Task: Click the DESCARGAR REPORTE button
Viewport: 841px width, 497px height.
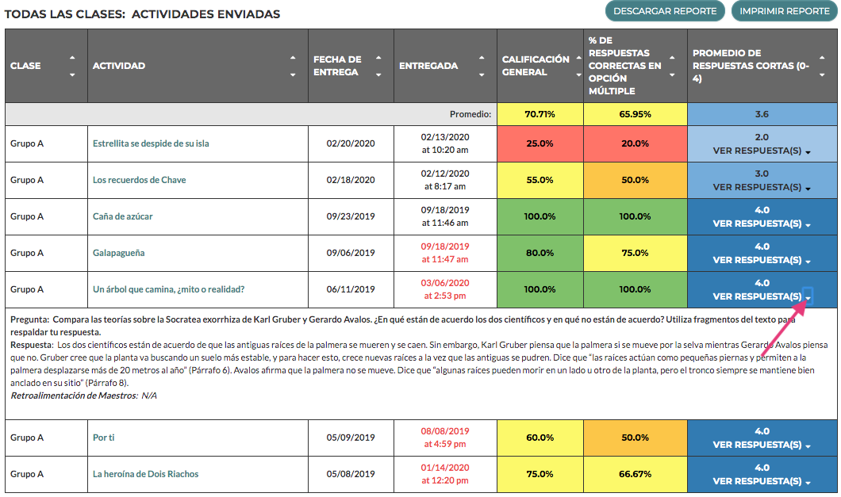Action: click(x=665, y=11)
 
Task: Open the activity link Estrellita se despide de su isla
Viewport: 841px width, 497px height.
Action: click(x=151, y=143)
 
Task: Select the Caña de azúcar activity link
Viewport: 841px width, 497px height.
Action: click(x=122, y=216)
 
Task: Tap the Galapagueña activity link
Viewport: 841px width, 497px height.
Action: click(x=118, y=253)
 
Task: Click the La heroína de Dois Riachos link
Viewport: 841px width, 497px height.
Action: click(x=145, y=474)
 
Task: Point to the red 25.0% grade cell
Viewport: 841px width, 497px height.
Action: click(x=540, y=143)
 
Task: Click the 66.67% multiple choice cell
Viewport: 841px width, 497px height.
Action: click(x=635, y=474)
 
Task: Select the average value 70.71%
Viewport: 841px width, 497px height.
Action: click(x=540, y=114)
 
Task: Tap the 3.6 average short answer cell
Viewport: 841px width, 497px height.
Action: click(x=762, y=114)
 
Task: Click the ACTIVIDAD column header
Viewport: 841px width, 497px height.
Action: click(x=118, y=66)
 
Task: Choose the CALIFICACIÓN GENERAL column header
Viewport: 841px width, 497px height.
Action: click(x=536, y=66)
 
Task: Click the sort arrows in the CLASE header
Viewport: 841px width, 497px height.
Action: click(x=72, y=66)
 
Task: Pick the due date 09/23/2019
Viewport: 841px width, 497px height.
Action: click(x=351, y=216)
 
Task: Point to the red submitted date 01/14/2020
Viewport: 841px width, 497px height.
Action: click(x=444, y=468)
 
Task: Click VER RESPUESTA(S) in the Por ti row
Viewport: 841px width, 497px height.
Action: click(x=762, y=445)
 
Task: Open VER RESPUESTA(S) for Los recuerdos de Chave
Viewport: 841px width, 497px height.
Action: click(x=762, y=188)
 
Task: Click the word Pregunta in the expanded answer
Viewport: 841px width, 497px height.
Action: click(x=29, y=319)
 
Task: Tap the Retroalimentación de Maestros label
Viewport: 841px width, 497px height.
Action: click(x=74, y=396)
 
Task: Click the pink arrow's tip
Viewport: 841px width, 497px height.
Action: click(x=807, y=300)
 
